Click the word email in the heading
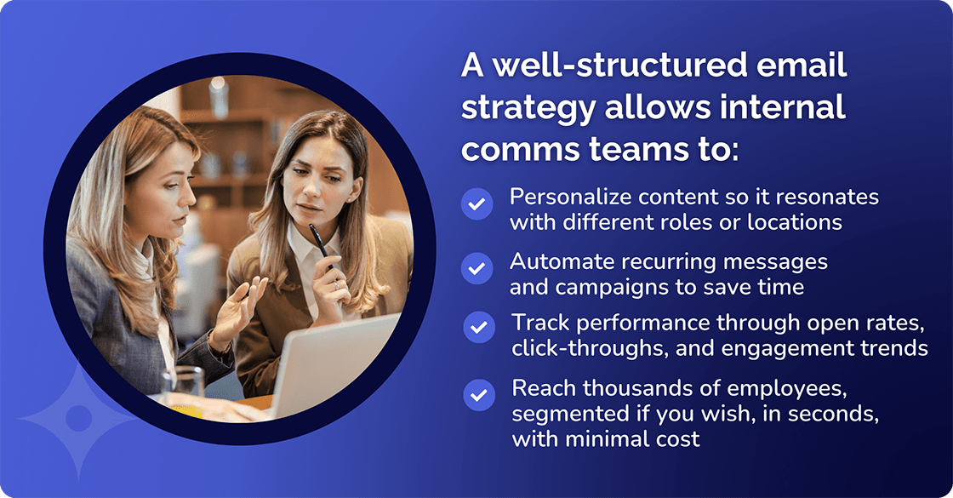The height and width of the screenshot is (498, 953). click(781, 66)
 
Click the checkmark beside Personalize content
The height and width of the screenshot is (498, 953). click(477, 204)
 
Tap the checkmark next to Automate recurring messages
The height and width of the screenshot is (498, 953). click(477, 268)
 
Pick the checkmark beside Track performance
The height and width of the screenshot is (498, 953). click(479, 328)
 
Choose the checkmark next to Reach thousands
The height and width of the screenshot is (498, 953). click(479, 394)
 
